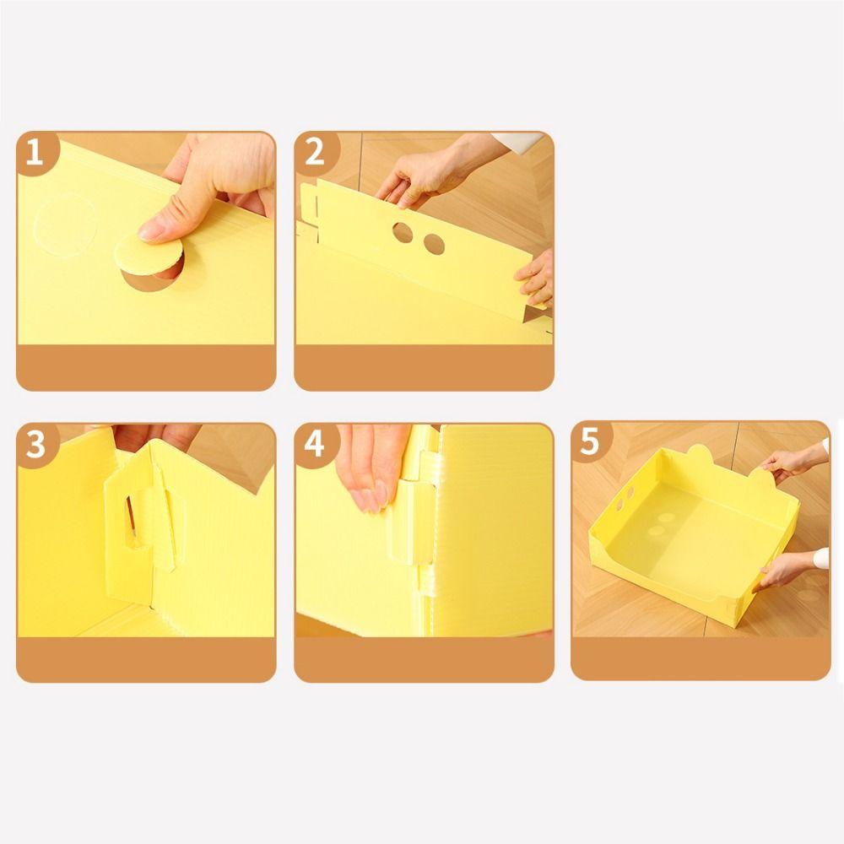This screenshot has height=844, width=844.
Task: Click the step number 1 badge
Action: (x=35, y=152)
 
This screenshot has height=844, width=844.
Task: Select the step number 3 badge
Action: (x=35, y=444)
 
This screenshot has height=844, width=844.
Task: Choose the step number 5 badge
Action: (x=591, y=441)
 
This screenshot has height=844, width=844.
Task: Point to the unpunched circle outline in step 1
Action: (x=66, y=226)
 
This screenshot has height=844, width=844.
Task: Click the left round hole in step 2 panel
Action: (x=403, y=233)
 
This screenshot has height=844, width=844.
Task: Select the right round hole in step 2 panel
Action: (x=434, y=244)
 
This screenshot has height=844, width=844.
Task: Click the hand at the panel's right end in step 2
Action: (x=536, y=277)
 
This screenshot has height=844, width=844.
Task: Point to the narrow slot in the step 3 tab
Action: (x=132, y=518)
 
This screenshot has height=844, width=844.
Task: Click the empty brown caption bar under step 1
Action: (x=146, y=367)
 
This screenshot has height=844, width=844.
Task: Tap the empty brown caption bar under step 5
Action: (x=701, y=659)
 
